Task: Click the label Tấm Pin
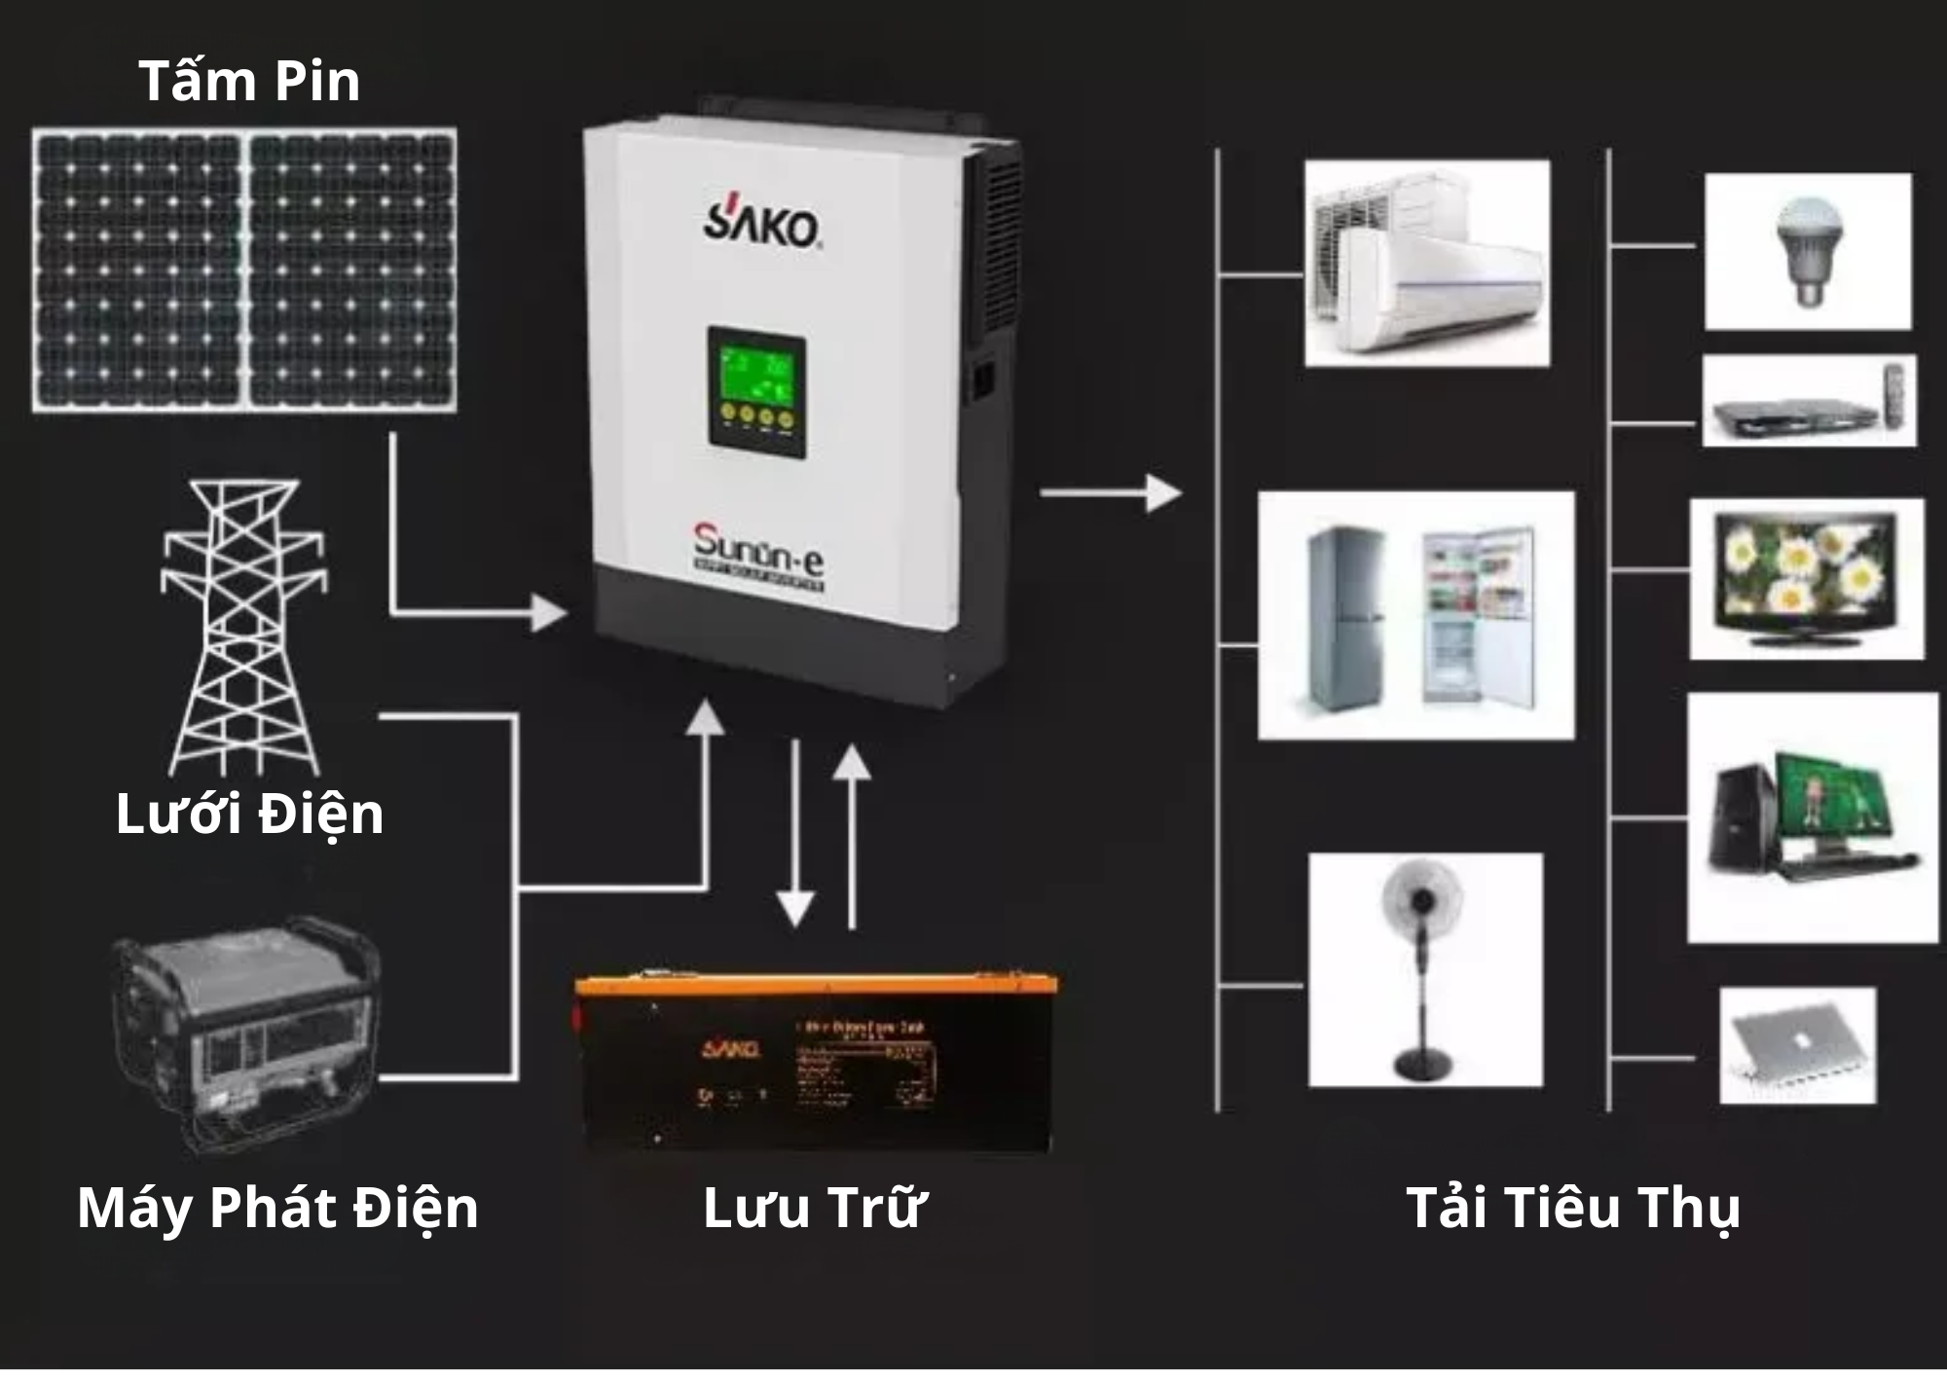click(249, 81)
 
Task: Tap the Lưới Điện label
click(249, 814)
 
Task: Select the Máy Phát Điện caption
click(277, 1208)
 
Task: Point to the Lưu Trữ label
click(814, 1208)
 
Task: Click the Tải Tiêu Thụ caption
click(1573, 1208)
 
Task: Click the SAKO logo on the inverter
click(761, 225)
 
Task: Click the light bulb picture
click(1807, 251)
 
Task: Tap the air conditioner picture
click(1426, 264)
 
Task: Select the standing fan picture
click(1424, 969)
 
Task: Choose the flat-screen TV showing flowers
click(1806, 579)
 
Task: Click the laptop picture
click(1797, 1045)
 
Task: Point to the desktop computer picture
click(1811, 817)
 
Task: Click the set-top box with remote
click(1808, 401)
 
